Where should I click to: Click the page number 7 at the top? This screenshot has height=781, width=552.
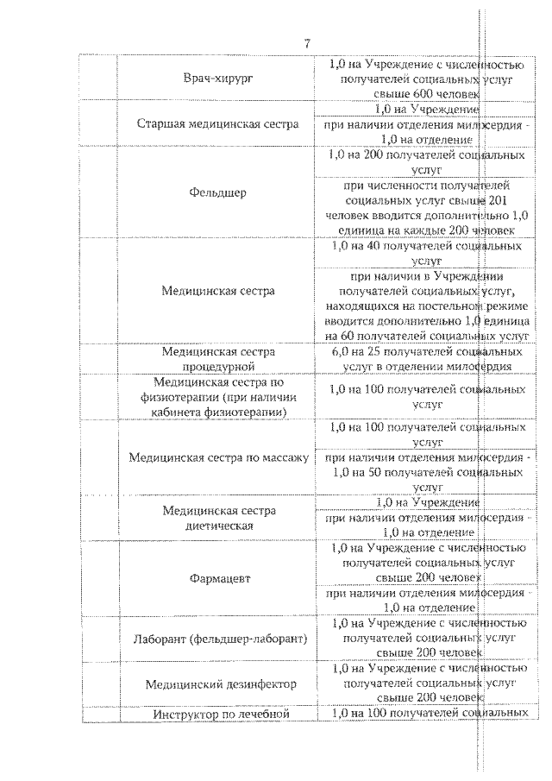pos(307,44)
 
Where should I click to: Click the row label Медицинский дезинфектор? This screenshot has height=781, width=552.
pos(221,683)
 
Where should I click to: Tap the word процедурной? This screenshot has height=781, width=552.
pos(218,366)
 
